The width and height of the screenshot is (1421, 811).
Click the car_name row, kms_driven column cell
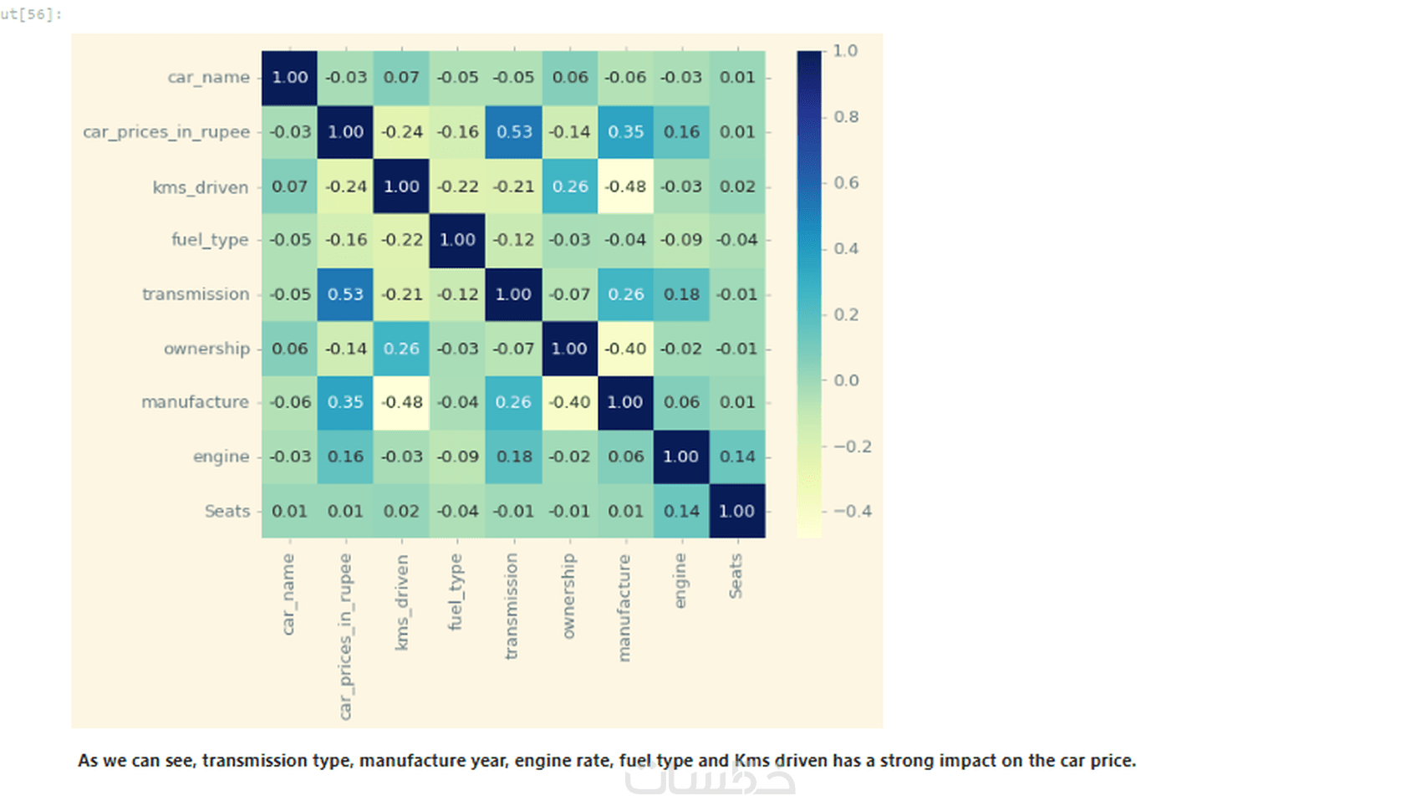(x=401, y=78)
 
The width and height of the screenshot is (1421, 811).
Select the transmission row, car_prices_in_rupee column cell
(x=345, y=294)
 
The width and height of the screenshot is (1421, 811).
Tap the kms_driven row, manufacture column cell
(x=625, y=186)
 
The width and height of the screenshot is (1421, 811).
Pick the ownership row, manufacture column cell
(x=625, y=349)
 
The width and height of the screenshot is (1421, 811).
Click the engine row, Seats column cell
(x=737, y=457)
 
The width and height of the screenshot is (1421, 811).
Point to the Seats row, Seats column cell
(x=737, y=511)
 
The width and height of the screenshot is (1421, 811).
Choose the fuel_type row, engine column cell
(x=681, y=240)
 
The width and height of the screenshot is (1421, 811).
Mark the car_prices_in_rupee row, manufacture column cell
(x=625, y=132)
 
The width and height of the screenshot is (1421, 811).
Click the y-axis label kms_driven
(x=201, y=187)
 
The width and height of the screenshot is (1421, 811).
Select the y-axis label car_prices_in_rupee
(x=166, y=132)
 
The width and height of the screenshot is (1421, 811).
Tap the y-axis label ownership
(x=206, y=349)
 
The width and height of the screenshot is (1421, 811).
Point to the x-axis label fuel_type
(x=455, y=591)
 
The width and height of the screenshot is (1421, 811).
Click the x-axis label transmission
(x=512, y=605)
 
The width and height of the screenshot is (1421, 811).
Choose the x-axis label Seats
(x=736, y=576)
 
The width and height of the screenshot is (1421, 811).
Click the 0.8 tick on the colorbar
(x=846, y=117)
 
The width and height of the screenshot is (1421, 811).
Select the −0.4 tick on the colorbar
(x=852, y=511)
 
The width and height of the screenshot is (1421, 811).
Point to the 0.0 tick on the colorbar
(x=846, y=380)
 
